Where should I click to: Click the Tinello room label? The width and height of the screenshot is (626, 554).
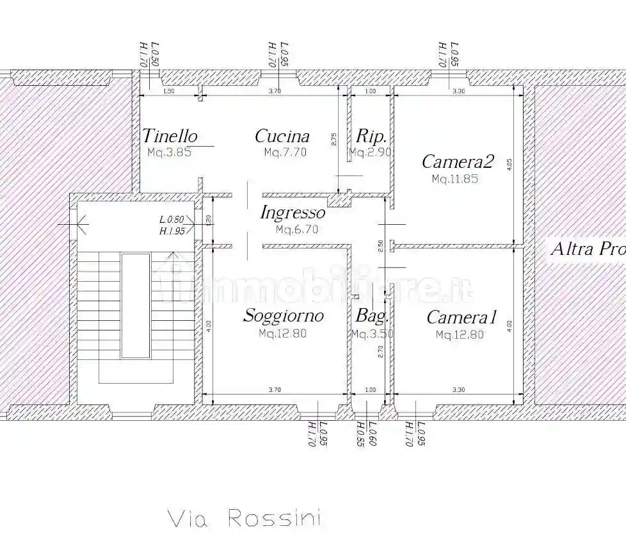170,136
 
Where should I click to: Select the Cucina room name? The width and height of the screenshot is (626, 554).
282,136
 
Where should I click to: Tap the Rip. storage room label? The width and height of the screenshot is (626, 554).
371,136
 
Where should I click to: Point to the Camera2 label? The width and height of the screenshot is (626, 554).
458,162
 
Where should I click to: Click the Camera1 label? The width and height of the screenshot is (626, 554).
461,318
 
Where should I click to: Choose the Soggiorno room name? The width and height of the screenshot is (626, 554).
283,316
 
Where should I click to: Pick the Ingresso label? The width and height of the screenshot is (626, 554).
293,213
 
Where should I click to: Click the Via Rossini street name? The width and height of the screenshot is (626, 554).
244,518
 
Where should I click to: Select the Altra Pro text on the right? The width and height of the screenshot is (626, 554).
588,249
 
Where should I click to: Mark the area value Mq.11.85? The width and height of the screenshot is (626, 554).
454,179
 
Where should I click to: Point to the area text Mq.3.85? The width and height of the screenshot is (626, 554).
169,152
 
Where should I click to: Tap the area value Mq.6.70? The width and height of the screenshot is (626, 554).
296,229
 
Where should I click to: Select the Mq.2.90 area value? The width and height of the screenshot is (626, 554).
370,152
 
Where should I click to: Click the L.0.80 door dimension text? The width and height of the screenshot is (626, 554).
172,220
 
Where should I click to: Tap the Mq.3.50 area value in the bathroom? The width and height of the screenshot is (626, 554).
372,334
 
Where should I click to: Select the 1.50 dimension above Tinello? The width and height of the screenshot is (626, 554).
169,92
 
